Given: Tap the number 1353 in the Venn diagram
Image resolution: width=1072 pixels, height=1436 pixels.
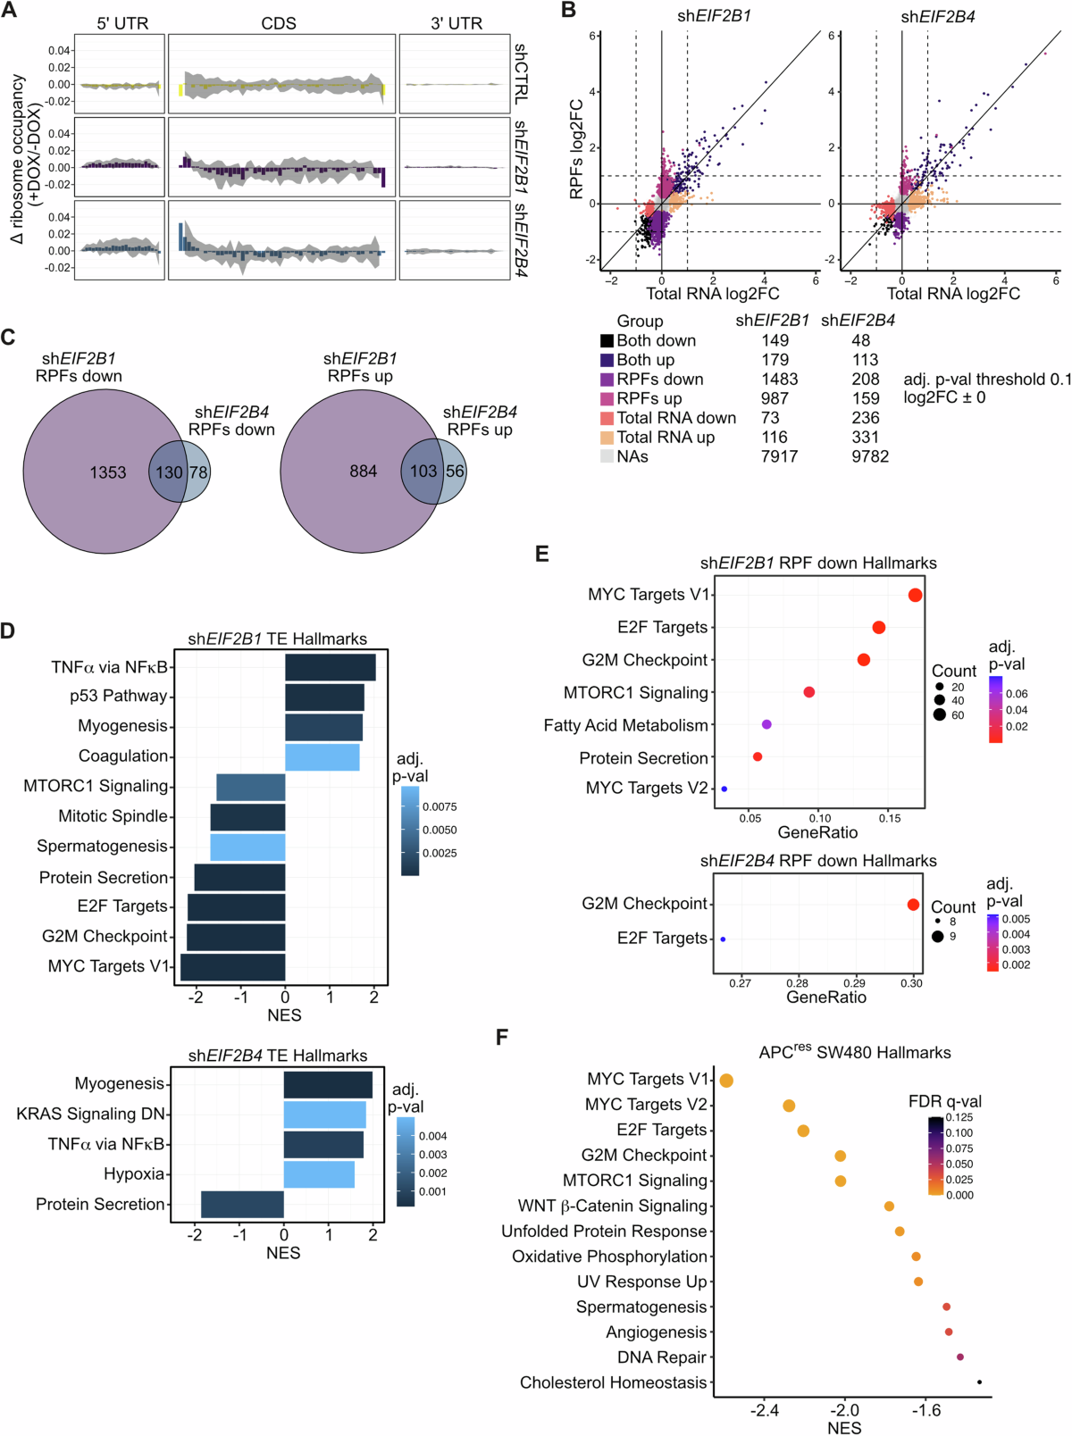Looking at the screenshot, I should pyautogui.click(x=108, y=472).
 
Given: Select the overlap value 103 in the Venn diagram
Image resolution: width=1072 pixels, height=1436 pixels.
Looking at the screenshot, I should pyautogui.click(x=423, y=472).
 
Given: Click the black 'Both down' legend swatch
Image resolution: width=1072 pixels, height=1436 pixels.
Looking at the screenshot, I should pyautogui.click(x=607, y=340).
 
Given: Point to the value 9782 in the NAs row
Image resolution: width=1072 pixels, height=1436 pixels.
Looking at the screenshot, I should pyautogui.click(x=870, y=456).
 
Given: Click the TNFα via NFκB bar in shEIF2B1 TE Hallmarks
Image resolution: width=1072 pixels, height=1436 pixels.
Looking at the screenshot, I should pyautogui.click(x=330, y=667).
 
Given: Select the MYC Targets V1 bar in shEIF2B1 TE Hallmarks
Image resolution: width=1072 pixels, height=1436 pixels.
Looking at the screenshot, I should pyautogui.click(x=232, y=967).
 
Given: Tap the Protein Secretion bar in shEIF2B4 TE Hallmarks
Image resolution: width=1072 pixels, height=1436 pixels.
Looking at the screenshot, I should pyautogui.click(x=242, y=1204).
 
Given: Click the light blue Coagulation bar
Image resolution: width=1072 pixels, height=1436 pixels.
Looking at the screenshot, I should pyautogui.click(x=322, y=757).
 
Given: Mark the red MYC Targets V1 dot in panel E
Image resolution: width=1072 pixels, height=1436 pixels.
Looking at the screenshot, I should pyautogui.click(x=915, y=595).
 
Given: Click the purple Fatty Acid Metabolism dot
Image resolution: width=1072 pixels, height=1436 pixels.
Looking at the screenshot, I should pyautogui.click(x=766, y=724).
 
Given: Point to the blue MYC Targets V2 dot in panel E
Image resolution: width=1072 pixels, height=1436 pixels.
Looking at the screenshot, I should pyautogui.click(x=724, y=789).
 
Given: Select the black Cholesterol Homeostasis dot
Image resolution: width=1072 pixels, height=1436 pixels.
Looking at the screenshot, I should pyautogui.click(x=979, y=1382).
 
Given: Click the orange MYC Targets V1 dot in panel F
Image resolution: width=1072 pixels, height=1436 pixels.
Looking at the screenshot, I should pyautogui.click(x=726, y=1081).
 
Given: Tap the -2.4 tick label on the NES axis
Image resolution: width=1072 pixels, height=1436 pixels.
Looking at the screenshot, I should pyautogui.click(x=765, y=1411).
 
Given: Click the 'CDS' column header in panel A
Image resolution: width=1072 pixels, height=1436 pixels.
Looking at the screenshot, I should pyautogui.click(x=279, y=23).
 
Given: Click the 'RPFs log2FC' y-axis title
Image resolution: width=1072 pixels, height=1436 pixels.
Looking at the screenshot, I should pyautogui.click(x=576, y=148).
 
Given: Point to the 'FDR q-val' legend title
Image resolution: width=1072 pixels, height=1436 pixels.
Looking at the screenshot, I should pyautogui.click(x=944, y=1101).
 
